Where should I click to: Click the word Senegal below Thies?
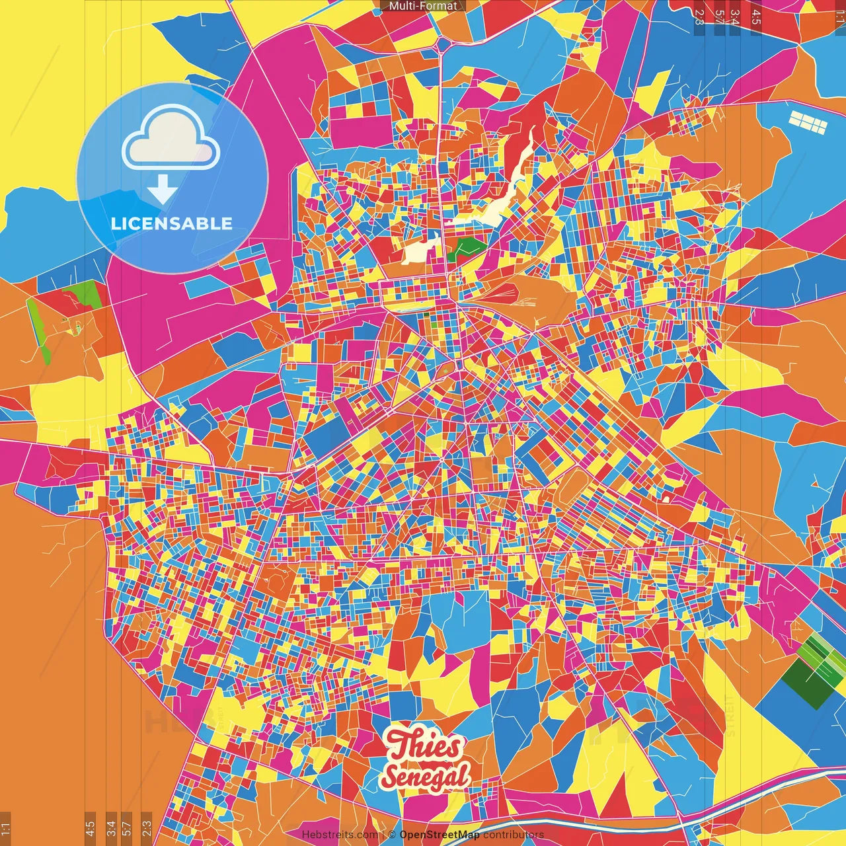click(426, 777)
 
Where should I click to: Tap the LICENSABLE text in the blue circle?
click(172, 223)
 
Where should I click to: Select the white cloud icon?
click(171, 142)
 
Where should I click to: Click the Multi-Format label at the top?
click(423, 6)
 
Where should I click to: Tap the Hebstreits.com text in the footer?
click(340, 835)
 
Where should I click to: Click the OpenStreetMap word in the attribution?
click(439, 835)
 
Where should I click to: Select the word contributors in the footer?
click(513, 835)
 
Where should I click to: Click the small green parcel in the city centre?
click(467, 248)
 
